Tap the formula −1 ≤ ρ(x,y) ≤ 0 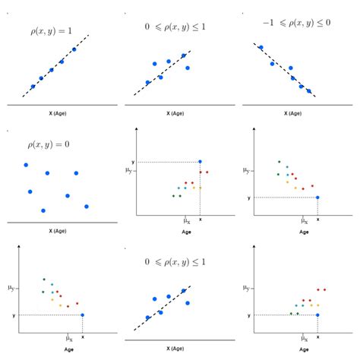click(296, 24)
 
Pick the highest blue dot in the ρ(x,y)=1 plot click(74, 49)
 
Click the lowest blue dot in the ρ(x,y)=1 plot click(33, 87)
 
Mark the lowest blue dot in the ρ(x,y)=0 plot click(43, 210)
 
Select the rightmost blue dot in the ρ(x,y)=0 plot click(87, 206)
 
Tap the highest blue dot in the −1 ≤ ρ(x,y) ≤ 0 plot click(261, 47)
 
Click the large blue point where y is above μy click(200, 161)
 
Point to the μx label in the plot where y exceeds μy click(186, 220)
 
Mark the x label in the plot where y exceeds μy click(200, 219)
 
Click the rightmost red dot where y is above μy click(207, 172)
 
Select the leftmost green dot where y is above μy click(173, 196)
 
